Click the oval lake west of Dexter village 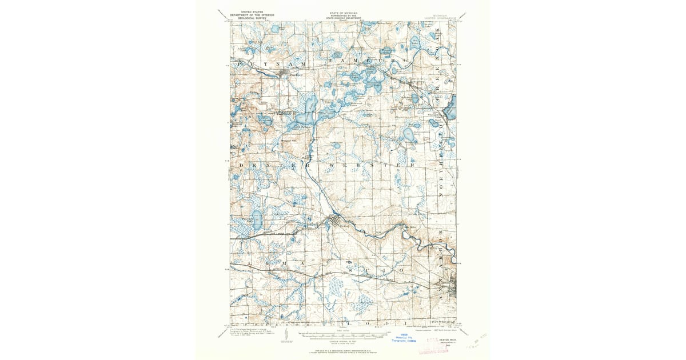point(257,218)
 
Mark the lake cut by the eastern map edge point(452,107)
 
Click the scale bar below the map point(343,334)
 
